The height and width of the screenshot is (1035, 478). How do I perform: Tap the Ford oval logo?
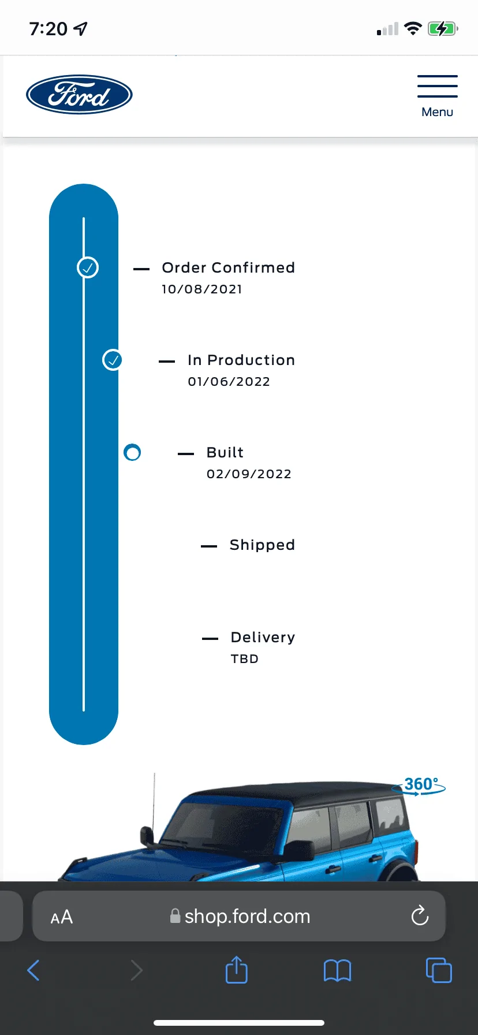[x=79, y=95]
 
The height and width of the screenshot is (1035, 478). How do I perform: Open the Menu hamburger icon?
[x=438, y=86]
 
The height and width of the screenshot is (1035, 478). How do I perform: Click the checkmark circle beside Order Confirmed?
[x=88, y=267]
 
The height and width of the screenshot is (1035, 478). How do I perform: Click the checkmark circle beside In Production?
[x=113, y=360]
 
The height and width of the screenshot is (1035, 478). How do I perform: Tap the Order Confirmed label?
[x=229, y=267]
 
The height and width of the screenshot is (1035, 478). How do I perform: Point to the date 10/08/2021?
[x=202, y=289]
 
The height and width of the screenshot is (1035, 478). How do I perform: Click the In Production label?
[x=241, y=360]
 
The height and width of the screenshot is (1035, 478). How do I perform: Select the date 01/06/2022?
[x=229, y=381]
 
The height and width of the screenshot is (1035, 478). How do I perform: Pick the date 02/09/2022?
[x=249, y=474]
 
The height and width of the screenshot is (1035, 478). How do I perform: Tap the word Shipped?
[x=262, y=545]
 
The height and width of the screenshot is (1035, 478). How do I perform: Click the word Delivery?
[x=263, y=637]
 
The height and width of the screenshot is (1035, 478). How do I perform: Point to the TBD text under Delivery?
[x=245, y=658]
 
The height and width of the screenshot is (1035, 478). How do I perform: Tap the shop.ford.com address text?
[x=247, y=917]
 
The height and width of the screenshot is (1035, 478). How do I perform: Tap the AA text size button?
[x=62, y=917]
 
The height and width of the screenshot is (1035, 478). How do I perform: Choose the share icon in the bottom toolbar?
[x=237, y=970]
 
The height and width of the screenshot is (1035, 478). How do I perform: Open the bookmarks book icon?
[x=338, y=970]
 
